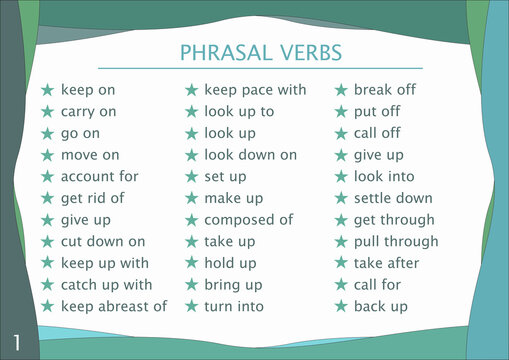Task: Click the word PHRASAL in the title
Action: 219,52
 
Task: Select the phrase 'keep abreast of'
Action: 113,306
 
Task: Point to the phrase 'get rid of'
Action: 92,198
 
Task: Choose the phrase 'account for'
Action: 99,176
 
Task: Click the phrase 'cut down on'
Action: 102,241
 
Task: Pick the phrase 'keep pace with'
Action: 255,90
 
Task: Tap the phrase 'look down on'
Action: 250,155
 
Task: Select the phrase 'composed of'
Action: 248,220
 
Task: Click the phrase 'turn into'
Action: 234,306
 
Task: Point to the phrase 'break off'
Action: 384,90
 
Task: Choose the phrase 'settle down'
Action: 393,198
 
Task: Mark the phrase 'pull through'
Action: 396,241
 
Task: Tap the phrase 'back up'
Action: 380,306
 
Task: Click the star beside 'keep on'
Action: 46,90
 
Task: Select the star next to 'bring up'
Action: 190,285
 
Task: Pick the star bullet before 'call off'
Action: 340,133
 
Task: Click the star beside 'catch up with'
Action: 46,285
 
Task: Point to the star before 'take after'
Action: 340,263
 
